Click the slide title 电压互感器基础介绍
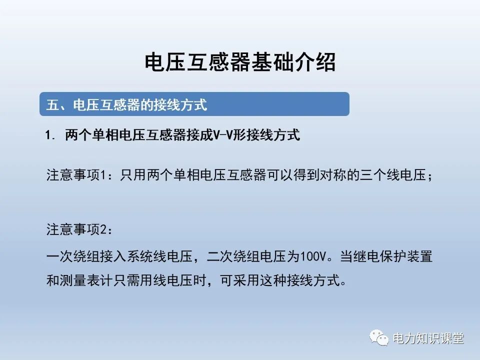[239, 63]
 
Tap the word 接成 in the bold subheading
[200, 135]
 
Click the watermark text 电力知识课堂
[428, 338]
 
